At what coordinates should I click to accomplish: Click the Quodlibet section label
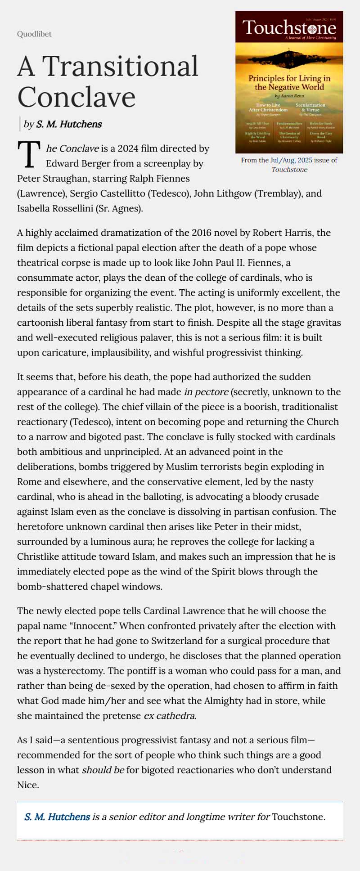(34, 34)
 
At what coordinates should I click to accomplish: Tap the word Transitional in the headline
(120, 67)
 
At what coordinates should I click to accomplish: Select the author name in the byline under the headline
(69, 124)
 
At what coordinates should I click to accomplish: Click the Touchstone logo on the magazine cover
(289, 28)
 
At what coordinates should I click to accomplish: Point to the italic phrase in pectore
(206, 392)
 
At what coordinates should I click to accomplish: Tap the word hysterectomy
(70, 671)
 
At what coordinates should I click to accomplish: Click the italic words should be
(103, 770)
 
